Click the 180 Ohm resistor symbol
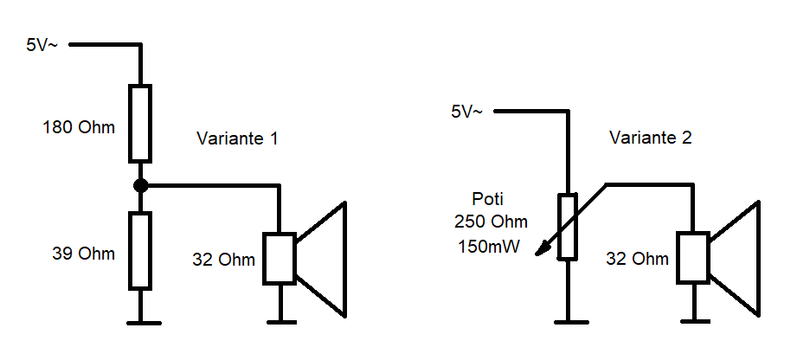140,123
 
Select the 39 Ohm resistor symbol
140,250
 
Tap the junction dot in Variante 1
140,185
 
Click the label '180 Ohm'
79,128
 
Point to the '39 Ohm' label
84,254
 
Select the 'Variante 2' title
651,138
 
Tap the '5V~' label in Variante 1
42,45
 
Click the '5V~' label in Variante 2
467,112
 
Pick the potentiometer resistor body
568,227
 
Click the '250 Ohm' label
490,222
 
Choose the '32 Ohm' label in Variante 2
636,259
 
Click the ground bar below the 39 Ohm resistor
140,323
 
